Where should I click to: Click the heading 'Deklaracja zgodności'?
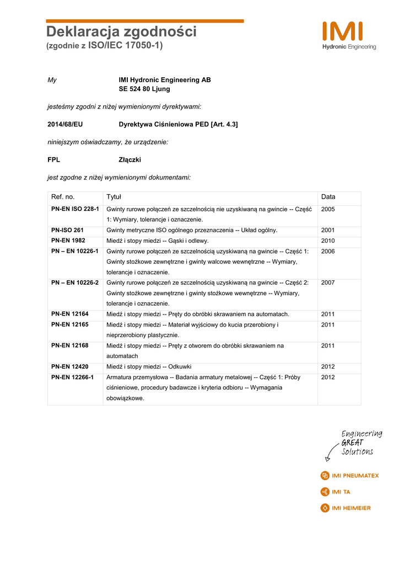121,32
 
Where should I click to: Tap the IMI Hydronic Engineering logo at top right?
349,36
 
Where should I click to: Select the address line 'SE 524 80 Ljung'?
144,89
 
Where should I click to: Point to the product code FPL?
54,160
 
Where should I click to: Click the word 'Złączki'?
130,160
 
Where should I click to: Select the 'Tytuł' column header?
114,197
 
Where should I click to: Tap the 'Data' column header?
328,197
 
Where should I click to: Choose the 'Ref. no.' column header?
63,197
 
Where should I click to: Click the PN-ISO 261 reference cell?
67,230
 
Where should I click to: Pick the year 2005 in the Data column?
328,210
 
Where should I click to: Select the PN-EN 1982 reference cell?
68,241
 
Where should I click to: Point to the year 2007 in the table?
328,283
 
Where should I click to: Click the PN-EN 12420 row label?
70,366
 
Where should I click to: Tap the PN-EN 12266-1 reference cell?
73,377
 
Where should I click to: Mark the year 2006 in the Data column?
328,252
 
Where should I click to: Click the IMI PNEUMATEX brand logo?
349,476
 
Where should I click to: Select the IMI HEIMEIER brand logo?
346,508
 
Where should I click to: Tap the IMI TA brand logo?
335,492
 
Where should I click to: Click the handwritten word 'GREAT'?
352,443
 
